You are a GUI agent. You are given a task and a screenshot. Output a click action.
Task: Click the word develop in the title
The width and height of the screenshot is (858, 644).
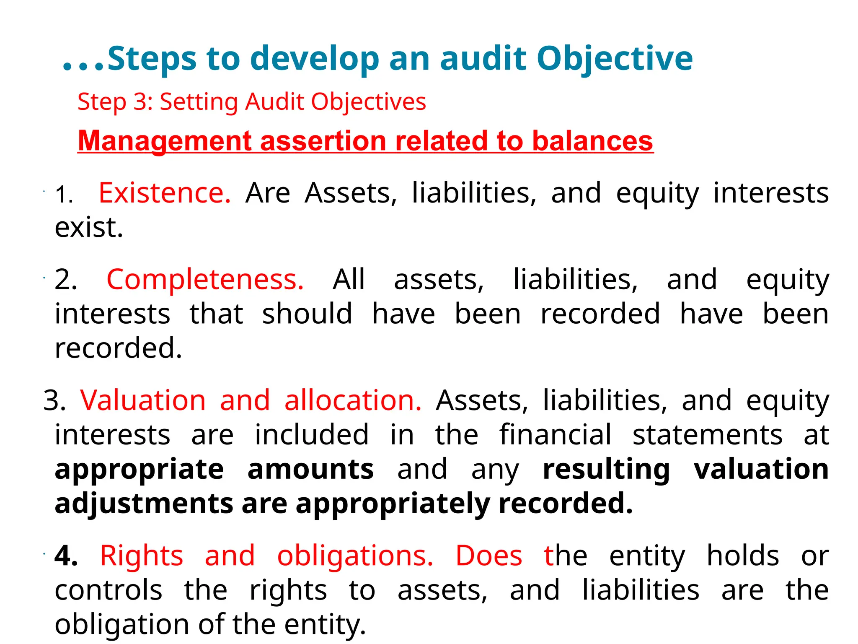(314, 59)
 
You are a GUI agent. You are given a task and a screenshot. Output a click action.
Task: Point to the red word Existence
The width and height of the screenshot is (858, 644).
(164, 193)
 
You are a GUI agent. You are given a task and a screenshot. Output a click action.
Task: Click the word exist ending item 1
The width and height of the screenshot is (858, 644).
(88, 228)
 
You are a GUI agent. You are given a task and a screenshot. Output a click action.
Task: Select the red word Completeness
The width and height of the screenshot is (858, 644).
(205, 280)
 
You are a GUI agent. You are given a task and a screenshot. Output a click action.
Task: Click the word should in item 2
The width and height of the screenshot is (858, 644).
(307, 314)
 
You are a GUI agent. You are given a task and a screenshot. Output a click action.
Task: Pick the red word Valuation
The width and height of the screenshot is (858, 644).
(143, 400)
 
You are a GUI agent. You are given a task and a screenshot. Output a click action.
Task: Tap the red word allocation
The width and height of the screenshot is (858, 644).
(353, 400)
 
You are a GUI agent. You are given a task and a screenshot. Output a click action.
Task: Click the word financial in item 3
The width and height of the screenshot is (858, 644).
(555, 435)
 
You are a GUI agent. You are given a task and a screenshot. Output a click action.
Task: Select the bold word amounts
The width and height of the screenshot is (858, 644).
(310, 469)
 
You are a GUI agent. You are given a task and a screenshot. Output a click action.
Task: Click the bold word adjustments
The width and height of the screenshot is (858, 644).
(144, 504)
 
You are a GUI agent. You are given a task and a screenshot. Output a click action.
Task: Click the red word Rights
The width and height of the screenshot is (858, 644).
(141, 556)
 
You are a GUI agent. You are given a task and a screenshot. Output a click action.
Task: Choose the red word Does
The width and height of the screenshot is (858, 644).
(488, 556)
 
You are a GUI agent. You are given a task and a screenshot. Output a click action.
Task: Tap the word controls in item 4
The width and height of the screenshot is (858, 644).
(109, 590)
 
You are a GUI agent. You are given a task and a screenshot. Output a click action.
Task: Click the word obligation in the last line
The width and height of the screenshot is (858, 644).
(122, 625)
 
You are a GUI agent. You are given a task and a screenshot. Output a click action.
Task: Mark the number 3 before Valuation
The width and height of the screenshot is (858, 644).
(54, 400)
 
